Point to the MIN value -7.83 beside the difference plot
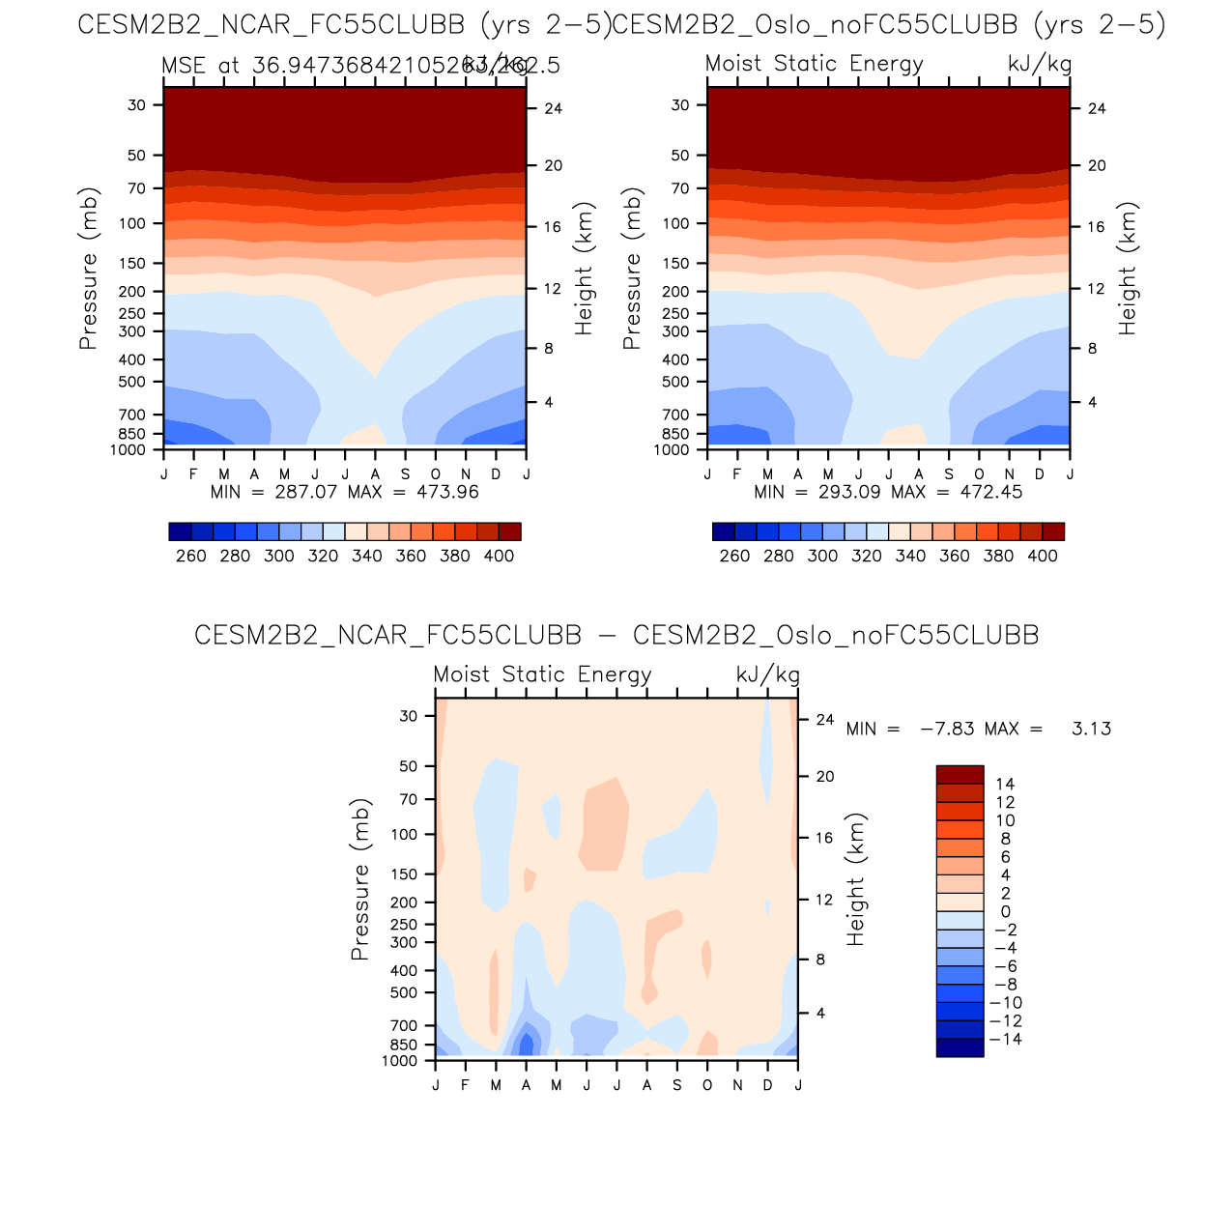[947, 729]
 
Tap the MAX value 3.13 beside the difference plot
[1091, 729]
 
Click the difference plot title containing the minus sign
[616, 635]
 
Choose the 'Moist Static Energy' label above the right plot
[815, 64]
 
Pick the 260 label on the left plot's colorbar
[191, 557]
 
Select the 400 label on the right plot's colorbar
[1043, 557]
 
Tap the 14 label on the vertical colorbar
[1005, 785]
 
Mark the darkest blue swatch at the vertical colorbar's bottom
[960, 1047]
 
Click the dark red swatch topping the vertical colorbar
[960, 775]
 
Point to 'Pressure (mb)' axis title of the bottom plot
[360, 879]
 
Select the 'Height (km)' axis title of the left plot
[584, 269]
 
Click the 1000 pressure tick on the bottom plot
[399, 1061]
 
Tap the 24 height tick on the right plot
[1097, 108]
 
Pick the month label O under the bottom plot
[707, 1085]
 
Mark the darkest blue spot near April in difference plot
[526, 1045]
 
